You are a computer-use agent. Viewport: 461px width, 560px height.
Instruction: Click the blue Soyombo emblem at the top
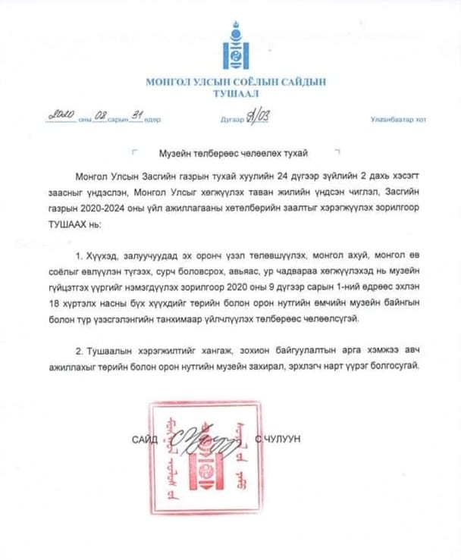(x=230, y=48)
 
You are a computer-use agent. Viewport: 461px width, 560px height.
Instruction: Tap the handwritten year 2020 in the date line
(x=60, y=114)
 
